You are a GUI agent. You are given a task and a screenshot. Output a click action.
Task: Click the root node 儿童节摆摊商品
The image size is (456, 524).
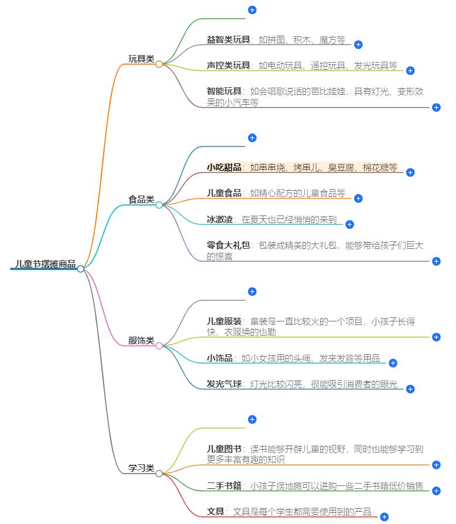[46, 264]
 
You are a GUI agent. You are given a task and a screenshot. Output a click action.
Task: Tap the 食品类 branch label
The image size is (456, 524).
[141, 200]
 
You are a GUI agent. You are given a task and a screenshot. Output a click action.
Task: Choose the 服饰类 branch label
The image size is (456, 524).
[141, 340]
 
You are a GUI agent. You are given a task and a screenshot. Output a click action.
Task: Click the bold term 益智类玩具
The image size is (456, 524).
[228, 40]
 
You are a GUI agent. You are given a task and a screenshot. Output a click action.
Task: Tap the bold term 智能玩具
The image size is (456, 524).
[224, 91]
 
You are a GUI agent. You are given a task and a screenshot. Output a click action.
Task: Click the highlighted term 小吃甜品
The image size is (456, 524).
[224, 167]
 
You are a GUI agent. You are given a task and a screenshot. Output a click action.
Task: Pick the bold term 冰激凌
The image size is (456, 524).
[220, 219]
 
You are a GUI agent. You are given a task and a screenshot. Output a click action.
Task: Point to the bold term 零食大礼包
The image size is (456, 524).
[228, 245]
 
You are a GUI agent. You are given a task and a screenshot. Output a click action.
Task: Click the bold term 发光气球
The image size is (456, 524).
[224, 384]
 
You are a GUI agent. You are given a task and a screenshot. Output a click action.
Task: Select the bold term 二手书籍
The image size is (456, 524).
[224, 485]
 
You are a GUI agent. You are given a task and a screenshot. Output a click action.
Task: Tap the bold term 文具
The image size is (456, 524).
[215, 511]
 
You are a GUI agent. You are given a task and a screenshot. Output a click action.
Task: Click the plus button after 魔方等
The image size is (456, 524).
[358, 44]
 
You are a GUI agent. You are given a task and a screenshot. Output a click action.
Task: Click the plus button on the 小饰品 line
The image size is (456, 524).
[393, 363]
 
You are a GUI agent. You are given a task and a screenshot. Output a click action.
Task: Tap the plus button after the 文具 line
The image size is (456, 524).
[384, 516]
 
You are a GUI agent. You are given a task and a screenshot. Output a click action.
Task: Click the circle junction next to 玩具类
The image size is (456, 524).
[159, 64]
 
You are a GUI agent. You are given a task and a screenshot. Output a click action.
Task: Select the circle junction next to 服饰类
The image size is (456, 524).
[159, 345]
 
